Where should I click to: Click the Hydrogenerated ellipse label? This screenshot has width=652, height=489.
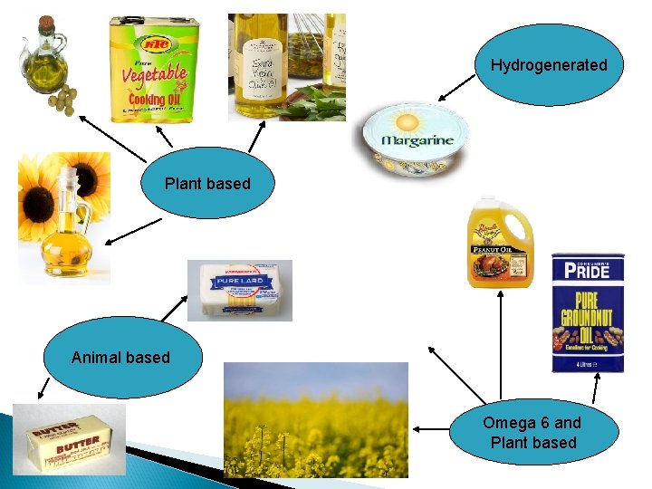click(549, 65)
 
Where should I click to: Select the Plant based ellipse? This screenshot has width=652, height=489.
click(207, 184)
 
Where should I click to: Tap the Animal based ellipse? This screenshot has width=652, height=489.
click(120, 357)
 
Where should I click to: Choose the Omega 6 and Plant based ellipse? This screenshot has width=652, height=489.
click(532, 433)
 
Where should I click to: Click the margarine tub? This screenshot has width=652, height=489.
click(416, 141)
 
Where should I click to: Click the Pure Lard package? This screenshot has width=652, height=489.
click(240, 290)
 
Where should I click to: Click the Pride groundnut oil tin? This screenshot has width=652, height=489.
click(588, 313)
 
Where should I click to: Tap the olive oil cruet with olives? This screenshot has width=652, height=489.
click(44, 63)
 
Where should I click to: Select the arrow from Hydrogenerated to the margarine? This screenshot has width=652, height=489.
click(457, 89)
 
